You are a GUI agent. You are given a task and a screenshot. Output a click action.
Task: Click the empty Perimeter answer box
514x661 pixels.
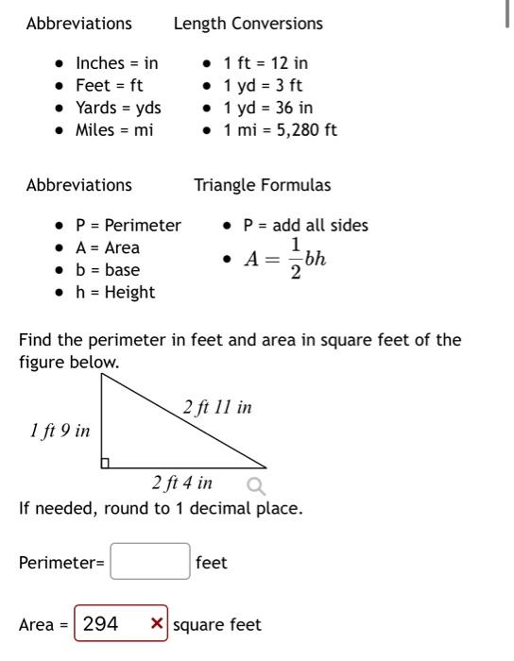(150, 562)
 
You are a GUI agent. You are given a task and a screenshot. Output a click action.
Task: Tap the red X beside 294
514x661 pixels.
(157, 624)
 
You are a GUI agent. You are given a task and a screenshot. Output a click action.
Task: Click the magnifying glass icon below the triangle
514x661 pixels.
(255, 486)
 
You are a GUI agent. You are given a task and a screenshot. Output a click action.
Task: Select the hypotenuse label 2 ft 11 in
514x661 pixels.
(217, 408)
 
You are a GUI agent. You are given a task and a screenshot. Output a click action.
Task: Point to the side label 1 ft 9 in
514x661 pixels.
(60, 431)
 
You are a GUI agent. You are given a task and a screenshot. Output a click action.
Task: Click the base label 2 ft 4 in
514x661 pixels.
(182, 483)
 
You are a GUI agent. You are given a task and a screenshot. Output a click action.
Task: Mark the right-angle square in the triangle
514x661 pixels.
(106, 463)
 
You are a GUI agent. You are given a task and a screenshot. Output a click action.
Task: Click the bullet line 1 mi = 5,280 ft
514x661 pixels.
(280, 130)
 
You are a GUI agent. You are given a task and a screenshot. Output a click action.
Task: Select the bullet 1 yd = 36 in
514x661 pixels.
(267, 108)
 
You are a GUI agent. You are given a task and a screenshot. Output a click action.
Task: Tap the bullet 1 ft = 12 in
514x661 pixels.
(266, 63)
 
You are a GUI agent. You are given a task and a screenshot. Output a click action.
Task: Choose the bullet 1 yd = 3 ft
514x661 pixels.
(263, 86)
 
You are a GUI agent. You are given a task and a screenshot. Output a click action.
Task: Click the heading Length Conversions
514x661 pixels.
(248, 24)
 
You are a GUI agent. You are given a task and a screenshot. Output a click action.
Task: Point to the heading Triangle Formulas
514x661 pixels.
(263, 185)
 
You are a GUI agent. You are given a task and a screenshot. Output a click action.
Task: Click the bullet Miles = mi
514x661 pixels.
(113, 130)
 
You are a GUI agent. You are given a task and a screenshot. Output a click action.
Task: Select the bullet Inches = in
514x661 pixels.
(116, 63)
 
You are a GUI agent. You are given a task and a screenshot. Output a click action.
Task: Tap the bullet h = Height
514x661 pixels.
(115, 293)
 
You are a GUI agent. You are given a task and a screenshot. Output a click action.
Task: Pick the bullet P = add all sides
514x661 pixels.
(305, 226)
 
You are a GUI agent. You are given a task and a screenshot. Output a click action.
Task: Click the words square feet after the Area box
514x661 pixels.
(217, 624)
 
